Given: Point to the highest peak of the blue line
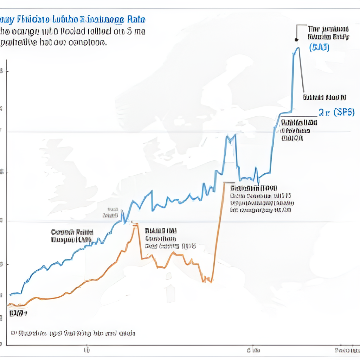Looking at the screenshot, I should click(297, 48).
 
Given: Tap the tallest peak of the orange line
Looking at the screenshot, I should click(134, 225).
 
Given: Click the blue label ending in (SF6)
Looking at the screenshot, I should click(336, 112).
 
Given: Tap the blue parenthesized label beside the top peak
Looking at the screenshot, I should click(319, 48).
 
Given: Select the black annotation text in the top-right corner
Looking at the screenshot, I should click(328, 33).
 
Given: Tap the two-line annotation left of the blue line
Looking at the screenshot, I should click(72, 236).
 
